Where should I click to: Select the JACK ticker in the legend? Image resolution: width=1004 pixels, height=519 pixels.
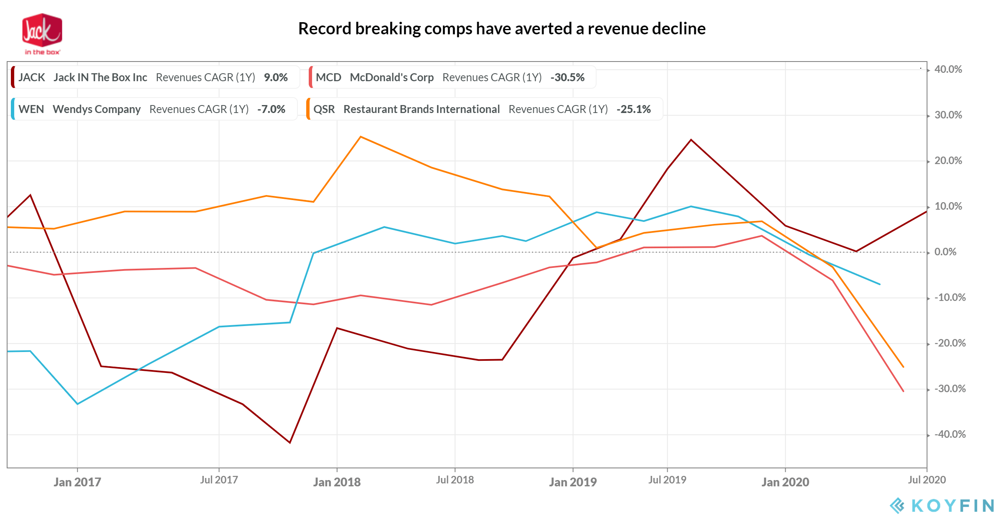pyautogui.click(x=32, y=77)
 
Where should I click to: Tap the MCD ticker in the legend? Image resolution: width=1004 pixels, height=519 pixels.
pyautogui.click(x=328, y=77)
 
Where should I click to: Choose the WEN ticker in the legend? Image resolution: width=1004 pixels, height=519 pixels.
pyautogui.click(x=31, y=109)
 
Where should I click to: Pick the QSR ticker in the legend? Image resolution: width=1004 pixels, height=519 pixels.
pyautogui.click(x=324, y=109)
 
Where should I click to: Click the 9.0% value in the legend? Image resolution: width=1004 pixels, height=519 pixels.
pyautogui.click(x=276, y=77)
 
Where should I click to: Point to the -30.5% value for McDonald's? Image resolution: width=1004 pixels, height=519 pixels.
pyautogui.click(x=567, y=77)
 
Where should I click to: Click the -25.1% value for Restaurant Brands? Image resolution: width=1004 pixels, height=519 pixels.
pyautogui.click(x=633, y=109)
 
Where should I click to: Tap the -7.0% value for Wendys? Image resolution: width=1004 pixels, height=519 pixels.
pyautogui.click(x=271, y=109)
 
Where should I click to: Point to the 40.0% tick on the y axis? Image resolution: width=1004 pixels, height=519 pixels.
pyautogui.click(x=948, y=69)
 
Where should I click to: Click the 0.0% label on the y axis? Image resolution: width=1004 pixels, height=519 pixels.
pyautogui.click(x=945, y=252)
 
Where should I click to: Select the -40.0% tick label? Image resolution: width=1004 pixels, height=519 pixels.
pyautogui.click(x=950, y=434)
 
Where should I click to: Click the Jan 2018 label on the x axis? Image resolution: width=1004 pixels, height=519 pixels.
pyautogui.click(x=337, y=482)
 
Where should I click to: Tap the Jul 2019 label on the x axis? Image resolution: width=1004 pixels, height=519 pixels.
pyautogui.click(x=667, y=480)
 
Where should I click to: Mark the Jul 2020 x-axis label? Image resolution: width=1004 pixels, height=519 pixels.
pyautogui.click(x=927, y=480)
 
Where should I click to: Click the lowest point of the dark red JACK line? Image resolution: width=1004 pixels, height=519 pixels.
pyautogui.click(x=289, y=442)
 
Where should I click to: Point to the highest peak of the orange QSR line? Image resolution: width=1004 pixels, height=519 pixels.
pyautogui.click(x=361, y=137)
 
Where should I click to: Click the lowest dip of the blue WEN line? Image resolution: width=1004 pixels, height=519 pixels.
pyautogui.click(x=77, y=404)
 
